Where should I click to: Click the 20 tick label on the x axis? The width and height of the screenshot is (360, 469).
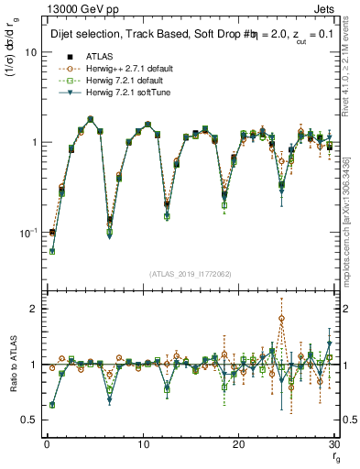(239, 444)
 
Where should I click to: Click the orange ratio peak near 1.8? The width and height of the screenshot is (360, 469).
(281, 319)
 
